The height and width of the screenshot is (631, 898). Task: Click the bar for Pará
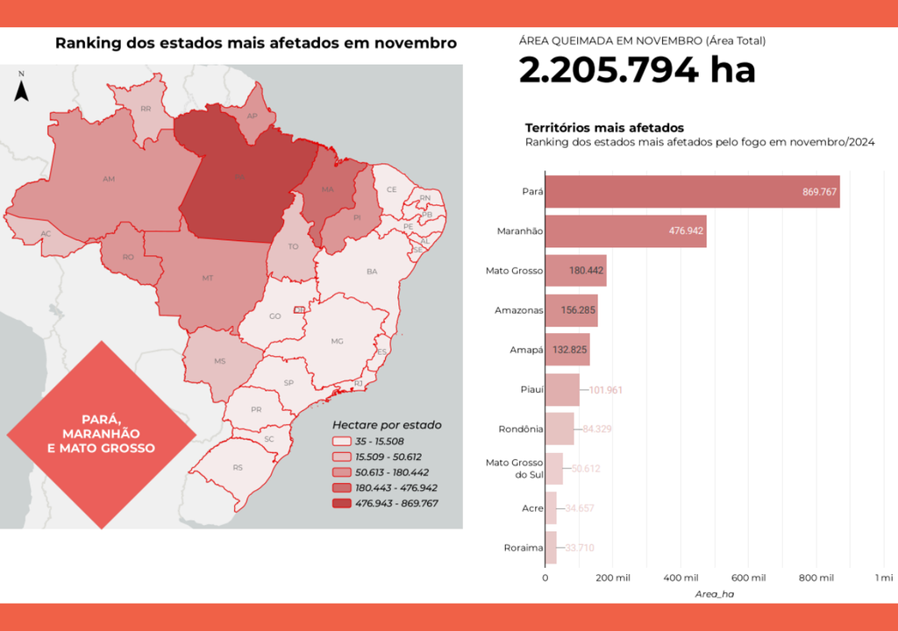[692, 192]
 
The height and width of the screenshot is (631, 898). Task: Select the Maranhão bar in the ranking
[625, 231]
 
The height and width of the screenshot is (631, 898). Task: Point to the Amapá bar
[567, 350]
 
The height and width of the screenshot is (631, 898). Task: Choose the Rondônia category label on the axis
[519, 429]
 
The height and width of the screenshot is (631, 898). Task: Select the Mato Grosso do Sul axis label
[513, 469]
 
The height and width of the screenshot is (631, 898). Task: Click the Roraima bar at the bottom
[551, 548]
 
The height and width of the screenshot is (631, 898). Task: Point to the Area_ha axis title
[715, 594]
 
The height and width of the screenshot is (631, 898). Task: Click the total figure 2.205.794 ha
[637, 70]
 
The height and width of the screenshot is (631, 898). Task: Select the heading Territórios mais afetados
[604, 128]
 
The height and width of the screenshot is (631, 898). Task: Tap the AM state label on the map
[109, 179]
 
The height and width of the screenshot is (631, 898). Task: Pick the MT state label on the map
[208, 278]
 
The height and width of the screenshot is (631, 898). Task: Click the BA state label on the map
[372, 272]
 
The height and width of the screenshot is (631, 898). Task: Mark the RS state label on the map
[238, 468]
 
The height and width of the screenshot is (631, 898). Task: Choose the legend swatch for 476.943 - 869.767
[341, 503]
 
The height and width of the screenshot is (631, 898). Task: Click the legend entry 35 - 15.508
[386, 441]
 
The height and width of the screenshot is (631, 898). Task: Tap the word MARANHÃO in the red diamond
[102, 433]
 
